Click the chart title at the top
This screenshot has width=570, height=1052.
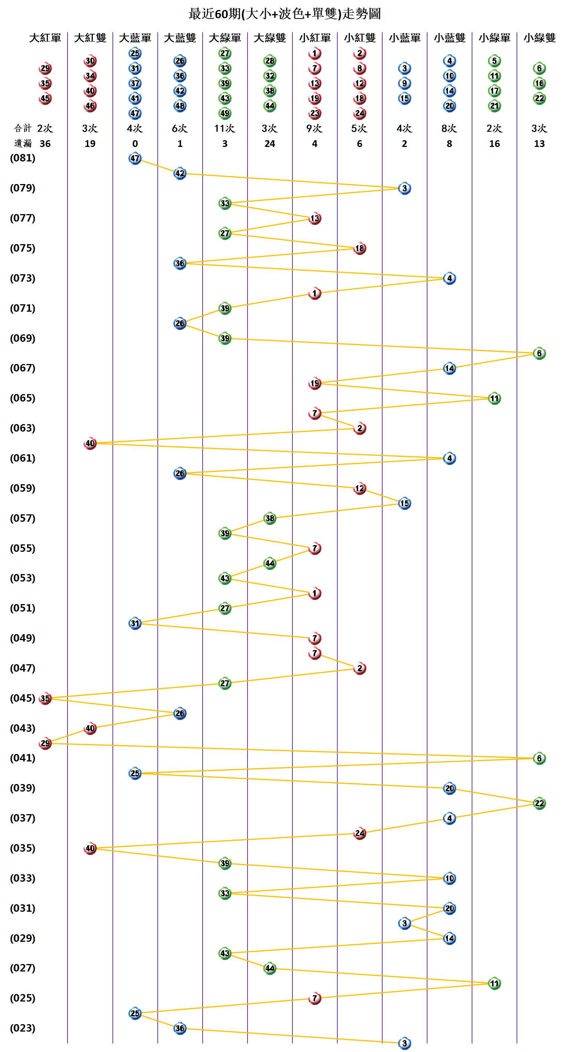click(x=285, y=14)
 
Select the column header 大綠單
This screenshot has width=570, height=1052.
click(x=225, y=38)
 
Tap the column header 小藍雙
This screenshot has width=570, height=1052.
click(x=449, y=38)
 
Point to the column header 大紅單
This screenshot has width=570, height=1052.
click(x=45, y=38)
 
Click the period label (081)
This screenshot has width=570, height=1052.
click(x=23, y=158)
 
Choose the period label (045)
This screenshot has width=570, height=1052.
click(x=23, y=698)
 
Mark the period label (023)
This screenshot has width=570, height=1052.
click(x=23, y=1028)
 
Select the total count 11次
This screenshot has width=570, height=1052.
click(x=225, y=129)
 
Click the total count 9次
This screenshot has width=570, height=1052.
click(x=314, y=129)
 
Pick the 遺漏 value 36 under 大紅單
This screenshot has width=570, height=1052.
click(x=45, y=144)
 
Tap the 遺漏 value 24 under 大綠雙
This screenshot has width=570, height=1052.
click(x=269, y=144)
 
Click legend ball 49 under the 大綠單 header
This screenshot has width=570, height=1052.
click(x=225, y=113)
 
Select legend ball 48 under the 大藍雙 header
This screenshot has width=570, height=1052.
click(x=180, y=106)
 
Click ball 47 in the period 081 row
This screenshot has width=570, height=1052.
click(x=135, y=158)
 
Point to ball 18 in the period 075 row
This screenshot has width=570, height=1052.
click(x=359, y=248)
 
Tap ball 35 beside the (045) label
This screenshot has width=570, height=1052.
click(x=45, y=698)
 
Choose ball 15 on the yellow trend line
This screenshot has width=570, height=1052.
click(x=404, y=503)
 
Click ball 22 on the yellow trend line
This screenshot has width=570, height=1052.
click(x=539, y=803)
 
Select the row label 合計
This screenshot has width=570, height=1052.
click(x=23, y=129)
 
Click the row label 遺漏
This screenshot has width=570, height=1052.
click(x=23, y=144)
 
